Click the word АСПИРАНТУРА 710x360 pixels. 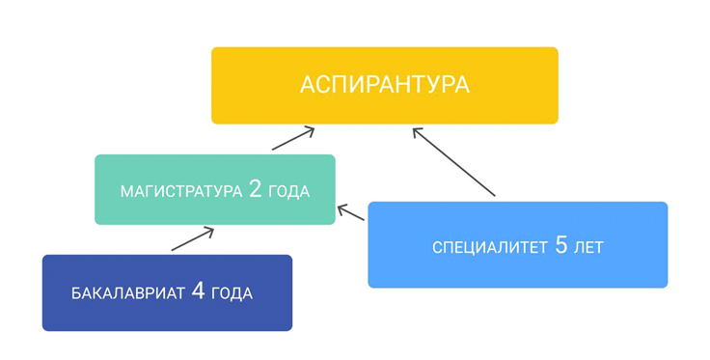coord(385,85)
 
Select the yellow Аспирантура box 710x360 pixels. coord(385,85)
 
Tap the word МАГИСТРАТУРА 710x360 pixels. coord(181,191)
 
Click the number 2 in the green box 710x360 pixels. coord(256,189)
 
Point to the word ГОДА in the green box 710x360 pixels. coord(289,191)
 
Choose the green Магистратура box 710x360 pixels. coord(214,189)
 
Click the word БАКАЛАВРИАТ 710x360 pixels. coord(127,293)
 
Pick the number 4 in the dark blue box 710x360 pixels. coord(199,291)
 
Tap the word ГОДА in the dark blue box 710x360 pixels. coord(232,293)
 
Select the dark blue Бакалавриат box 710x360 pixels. coord(167,292)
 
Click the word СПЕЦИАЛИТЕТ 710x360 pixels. coord(490,248)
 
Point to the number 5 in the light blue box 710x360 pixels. coord(560,246)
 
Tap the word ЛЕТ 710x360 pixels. coord(588,248)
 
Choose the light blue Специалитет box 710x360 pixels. coord(518,244)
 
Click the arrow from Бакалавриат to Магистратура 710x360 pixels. coord(192,239)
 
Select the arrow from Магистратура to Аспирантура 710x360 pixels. coord(293,139)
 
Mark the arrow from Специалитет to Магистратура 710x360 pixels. coord(351,213)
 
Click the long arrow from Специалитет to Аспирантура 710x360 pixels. coord(453,162)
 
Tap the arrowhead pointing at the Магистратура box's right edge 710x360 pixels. coord(343,209)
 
